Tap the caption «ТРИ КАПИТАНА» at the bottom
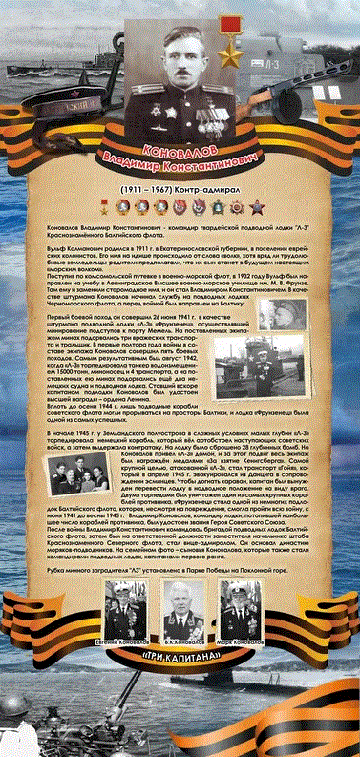(x=180, y=659)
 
